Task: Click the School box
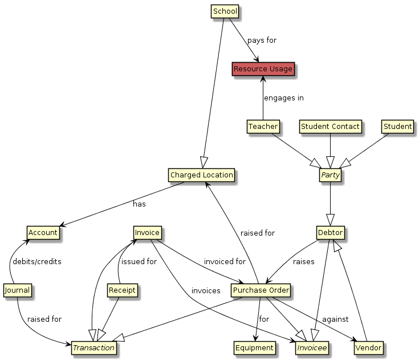(225, 11)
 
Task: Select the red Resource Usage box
(263, 69)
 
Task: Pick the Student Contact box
(331, 126)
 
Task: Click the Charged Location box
(201, 175)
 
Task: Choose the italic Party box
(331, 175)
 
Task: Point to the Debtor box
(331, 233)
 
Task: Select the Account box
(43, 233)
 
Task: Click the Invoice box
(147, 233)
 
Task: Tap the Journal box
(17, 290)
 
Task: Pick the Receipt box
(123, 290)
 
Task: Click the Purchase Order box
(262, 290)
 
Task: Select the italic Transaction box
(93, 347)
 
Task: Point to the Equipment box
(255, 347)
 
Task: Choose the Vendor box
(368, 347)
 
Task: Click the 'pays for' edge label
(262, 41)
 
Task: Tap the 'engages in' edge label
(283, 98)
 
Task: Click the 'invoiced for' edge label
(225, 261)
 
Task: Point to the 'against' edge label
(335, 318)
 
